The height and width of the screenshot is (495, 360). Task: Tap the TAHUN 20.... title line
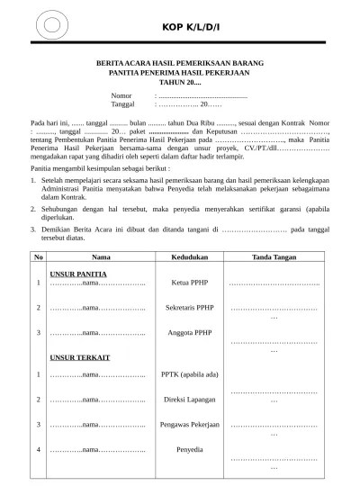179,82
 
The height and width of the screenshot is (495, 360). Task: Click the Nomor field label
121,94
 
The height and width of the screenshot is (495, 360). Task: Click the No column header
38,256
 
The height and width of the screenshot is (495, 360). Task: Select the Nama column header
101,256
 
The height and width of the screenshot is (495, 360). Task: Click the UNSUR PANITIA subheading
79,273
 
